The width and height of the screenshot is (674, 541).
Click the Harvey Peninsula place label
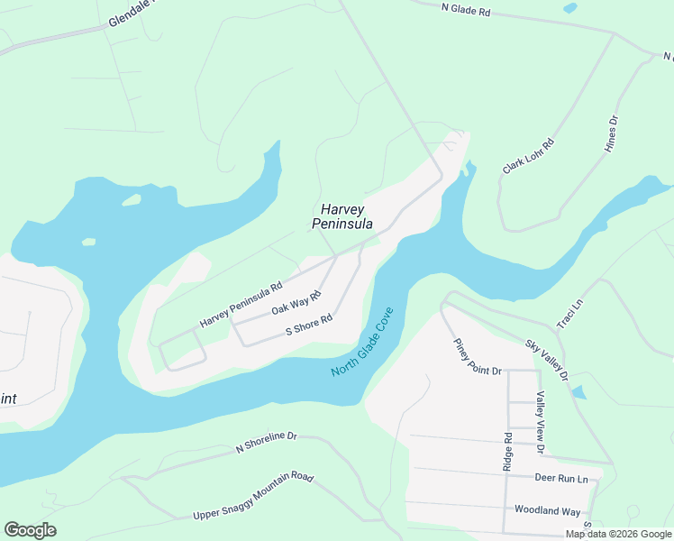point(342,215)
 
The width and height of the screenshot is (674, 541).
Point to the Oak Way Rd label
point(296,303)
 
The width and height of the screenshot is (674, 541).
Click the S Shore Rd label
point(309,325)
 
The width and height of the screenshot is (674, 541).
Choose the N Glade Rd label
point(466,10)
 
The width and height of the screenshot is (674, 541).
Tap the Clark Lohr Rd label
point(529,156)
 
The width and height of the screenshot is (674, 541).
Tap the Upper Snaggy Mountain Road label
point(252,496)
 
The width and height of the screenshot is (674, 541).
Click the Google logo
point(30,530)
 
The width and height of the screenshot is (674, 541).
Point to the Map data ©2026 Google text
point(618,534)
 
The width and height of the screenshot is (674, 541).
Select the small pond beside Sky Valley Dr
point(578,392)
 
